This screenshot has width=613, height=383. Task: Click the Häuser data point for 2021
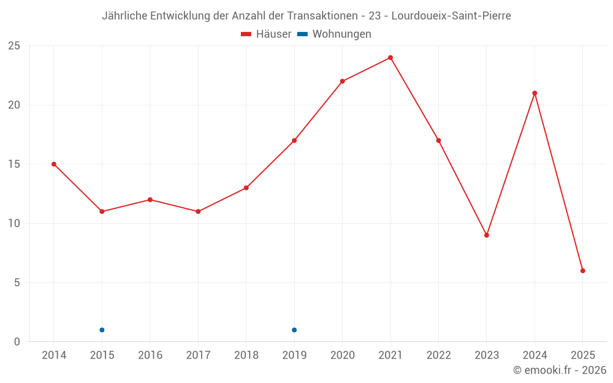tap(390, 58)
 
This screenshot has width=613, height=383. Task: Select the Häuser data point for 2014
tap(54, 164)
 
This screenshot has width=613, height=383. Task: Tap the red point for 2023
tap(487, 235)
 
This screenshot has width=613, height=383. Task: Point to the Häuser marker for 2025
tap(583, 271)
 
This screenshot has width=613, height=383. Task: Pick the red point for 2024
tap(535, 93)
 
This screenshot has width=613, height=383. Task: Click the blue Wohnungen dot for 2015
tap(102, 330)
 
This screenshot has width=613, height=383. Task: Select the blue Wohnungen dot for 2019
tap(294, 330)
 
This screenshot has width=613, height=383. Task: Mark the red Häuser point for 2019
tap(294, 140)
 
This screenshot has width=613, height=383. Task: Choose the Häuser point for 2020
tap(342, 82)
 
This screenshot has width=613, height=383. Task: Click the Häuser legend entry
tap(267, 34)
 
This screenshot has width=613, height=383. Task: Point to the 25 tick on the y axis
tap(14, 46)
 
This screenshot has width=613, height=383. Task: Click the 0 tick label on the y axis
tap(17, 342)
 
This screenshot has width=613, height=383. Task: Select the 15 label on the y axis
tap(14, 164)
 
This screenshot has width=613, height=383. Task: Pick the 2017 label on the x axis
tap(198, 355)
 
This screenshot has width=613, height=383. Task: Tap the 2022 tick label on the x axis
tap(438, 355)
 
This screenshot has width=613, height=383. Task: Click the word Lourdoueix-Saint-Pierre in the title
tap(452, 16)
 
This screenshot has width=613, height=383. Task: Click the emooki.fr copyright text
tap(560, 370)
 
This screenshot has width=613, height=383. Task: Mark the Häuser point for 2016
tap(150, 200)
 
